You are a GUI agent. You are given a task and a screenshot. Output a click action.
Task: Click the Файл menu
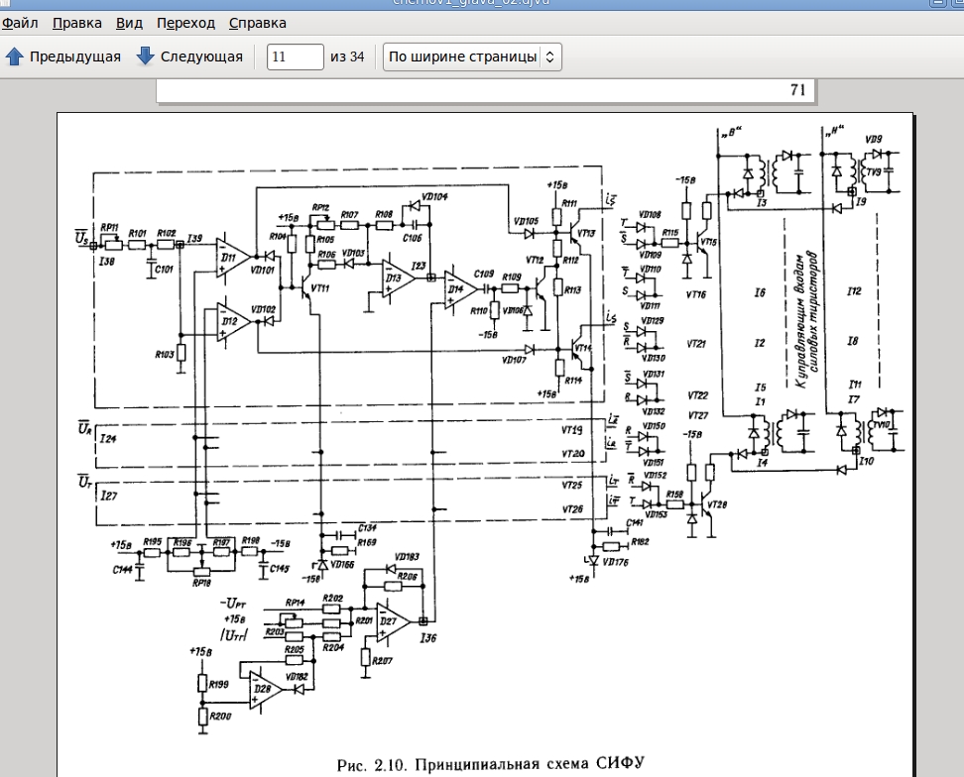coord(20,23)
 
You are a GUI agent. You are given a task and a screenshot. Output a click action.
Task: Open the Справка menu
coord(257,23)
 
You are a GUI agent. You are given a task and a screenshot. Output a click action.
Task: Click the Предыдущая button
coord(63,56)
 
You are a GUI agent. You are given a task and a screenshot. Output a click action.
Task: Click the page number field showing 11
coord(295,56)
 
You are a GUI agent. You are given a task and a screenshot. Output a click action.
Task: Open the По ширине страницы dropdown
coord(472,56)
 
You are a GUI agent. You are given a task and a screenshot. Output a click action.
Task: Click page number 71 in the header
coord(797,90)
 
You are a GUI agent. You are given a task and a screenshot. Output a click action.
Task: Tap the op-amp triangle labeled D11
coord(232,260)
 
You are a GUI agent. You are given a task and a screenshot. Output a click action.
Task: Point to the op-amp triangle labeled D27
coord(394,621)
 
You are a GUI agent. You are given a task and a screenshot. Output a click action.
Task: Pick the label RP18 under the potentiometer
coord(202,583)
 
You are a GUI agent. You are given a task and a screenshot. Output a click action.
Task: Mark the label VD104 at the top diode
coord(432,197)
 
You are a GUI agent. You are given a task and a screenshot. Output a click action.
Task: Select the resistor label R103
coord(166,353)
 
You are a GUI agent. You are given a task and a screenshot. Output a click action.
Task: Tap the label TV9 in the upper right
coord(874,172)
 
